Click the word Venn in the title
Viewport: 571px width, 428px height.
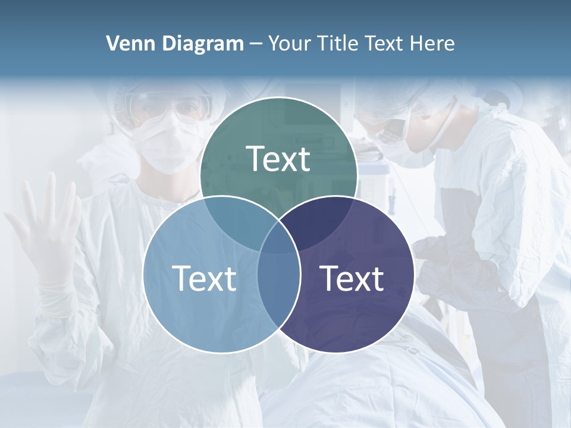coord(127,43)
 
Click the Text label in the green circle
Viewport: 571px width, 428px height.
coord(278,159)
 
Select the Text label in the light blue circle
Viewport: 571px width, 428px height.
coord(204,278)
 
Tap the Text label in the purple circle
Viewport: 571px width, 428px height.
coord(352,278)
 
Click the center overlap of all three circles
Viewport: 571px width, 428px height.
coord(279,238)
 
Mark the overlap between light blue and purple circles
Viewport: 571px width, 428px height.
coord(279,285)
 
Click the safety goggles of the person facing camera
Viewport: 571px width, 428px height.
coord(170,107)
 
